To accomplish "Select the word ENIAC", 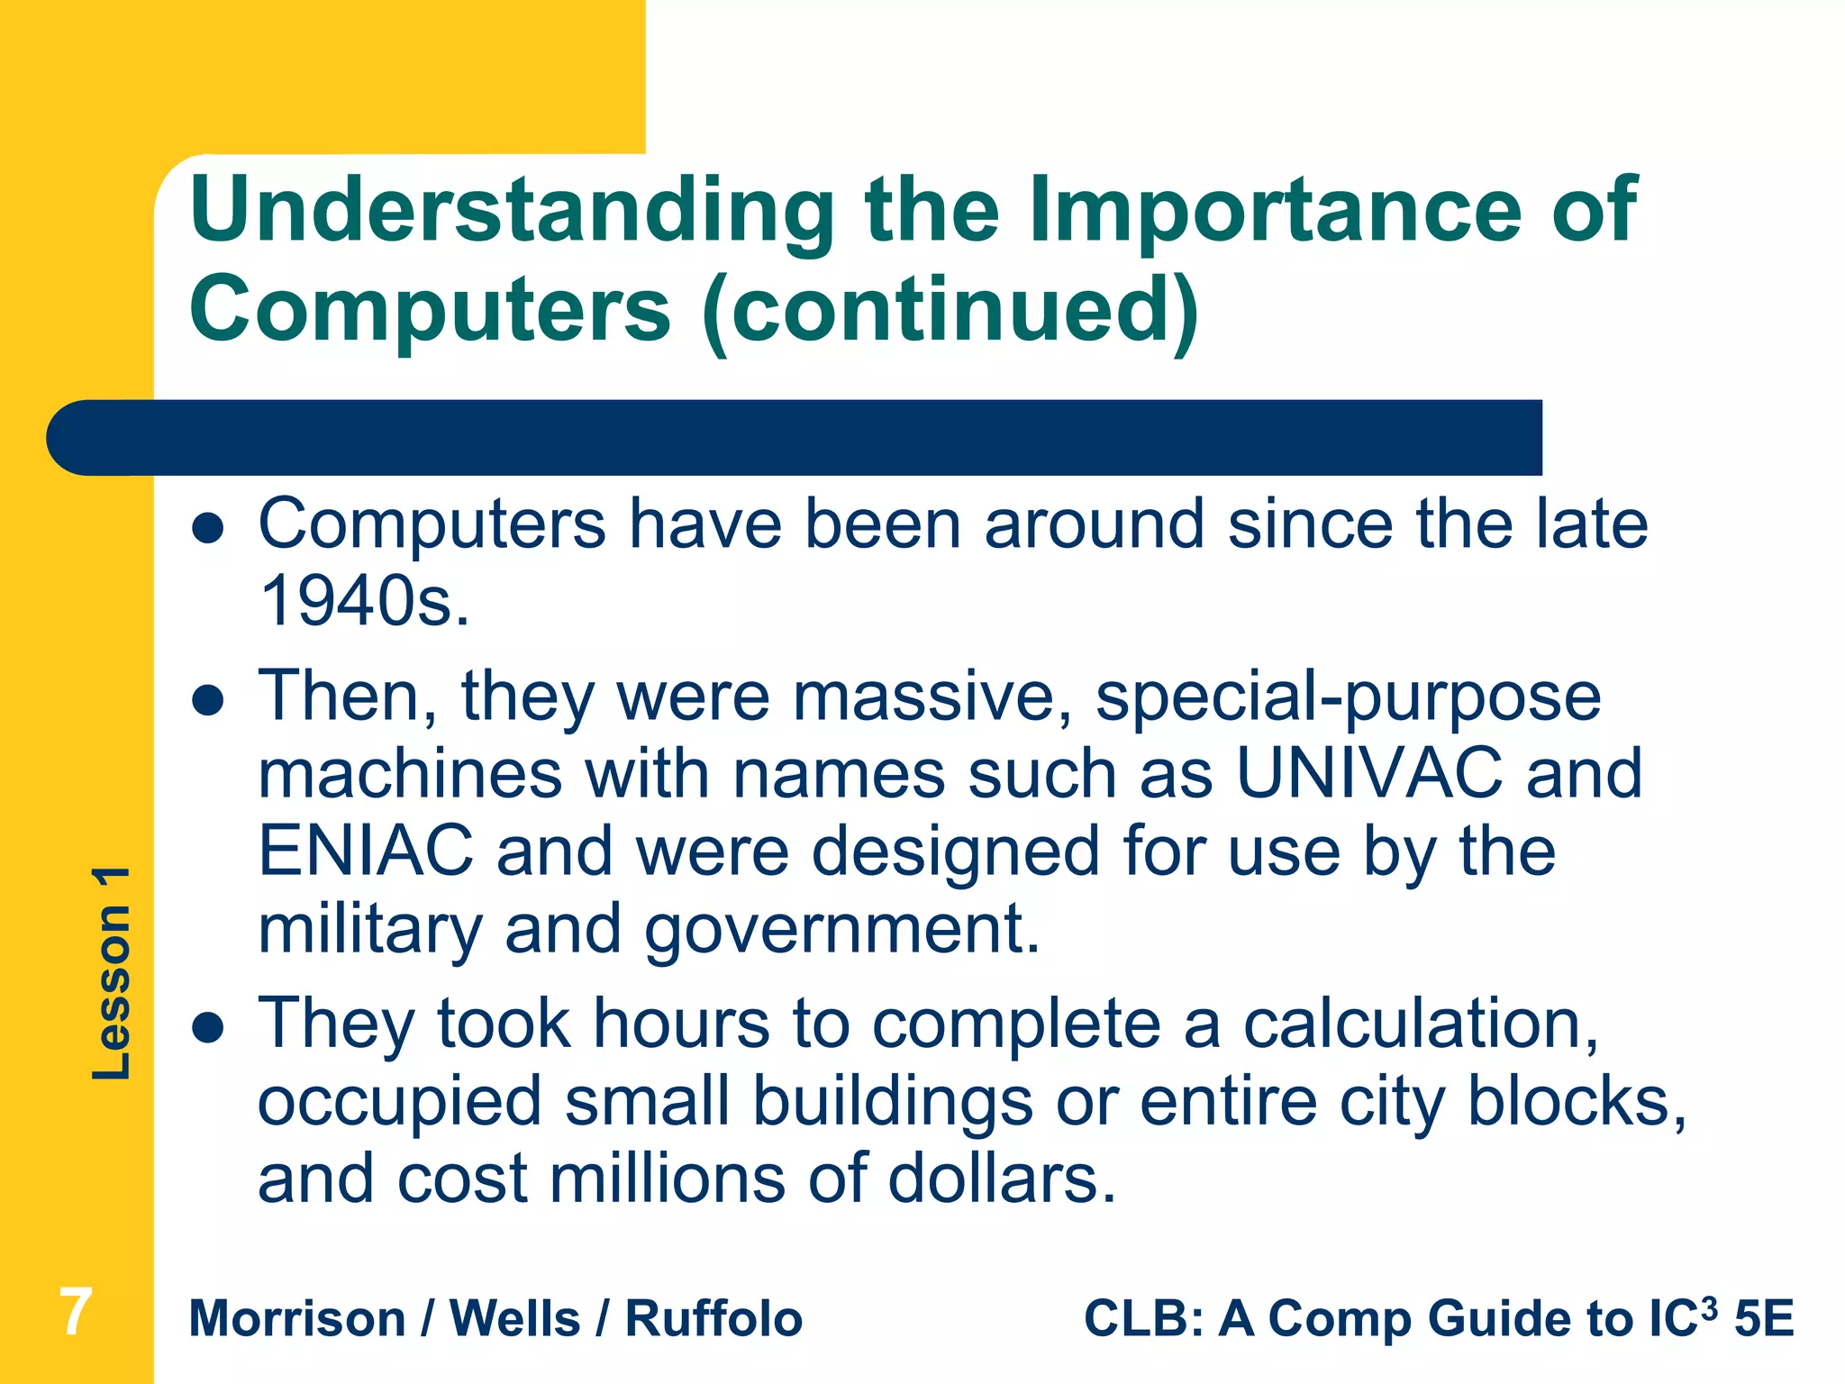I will (365, 851).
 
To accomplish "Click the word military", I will (370, 930).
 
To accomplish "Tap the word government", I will (842, 930).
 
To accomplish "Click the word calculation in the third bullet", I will (1420, 1024).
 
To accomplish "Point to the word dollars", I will (1001, 1179).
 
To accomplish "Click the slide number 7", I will (76, 1313).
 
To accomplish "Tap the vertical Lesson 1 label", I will (112, 973).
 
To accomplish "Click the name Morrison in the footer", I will (297, 1319).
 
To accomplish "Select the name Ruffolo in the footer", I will (713, 1319).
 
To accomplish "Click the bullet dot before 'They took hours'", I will (208, 1027).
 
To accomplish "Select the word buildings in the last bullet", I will (893, 1102).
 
